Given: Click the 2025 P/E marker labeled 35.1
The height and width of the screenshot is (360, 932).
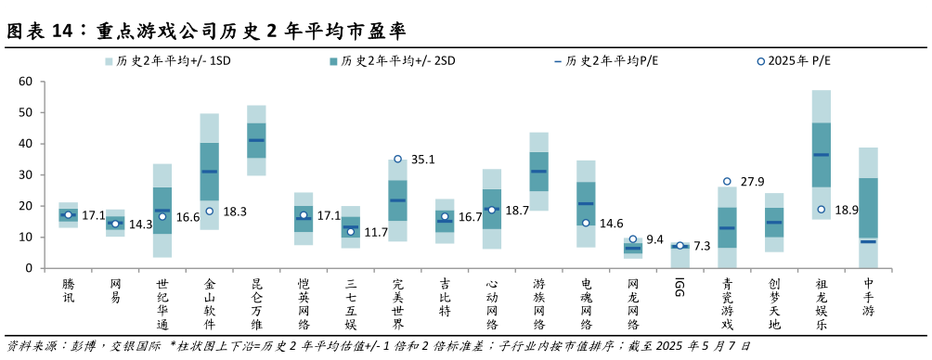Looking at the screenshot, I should tap(397, 160).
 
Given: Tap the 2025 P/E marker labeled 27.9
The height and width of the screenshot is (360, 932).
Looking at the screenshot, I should tap(727, 182).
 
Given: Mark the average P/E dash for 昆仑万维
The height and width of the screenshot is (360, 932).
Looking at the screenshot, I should tap(256, 140).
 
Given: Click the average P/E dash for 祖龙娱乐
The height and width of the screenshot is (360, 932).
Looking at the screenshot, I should tap(822, 154).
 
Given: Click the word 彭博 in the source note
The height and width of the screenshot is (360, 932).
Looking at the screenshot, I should tap(83, 345).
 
